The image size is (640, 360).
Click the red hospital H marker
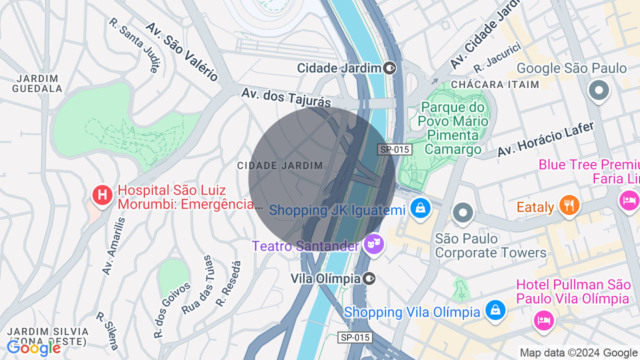tap(102, 195)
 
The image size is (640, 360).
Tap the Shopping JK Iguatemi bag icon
tap(420, 208)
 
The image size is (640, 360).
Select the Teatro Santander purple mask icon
tap(373, 244)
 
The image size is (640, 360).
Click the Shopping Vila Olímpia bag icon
tap(495, 310)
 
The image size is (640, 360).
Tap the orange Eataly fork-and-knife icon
tap(569, 205)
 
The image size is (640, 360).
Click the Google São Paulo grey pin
tap(598, 91)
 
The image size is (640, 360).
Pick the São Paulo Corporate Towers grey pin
tap(463, 213)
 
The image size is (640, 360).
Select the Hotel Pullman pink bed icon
tap(543, 320)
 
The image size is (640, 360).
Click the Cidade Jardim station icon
tap(390, 68)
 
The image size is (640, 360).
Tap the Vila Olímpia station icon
tap(369, 278)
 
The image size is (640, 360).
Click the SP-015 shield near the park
tap(394, 149)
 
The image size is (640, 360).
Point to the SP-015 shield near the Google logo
tap(355, 337)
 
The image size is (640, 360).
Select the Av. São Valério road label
tap(182, 51)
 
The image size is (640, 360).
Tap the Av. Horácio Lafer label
tap(545, 139)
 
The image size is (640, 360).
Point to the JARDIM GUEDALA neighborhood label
tap(37, 83)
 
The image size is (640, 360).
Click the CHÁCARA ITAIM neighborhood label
tap(495, 84)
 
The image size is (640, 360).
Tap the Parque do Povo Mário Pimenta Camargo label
tap(453, 128)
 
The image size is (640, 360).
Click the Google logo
tap(33, 348)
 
